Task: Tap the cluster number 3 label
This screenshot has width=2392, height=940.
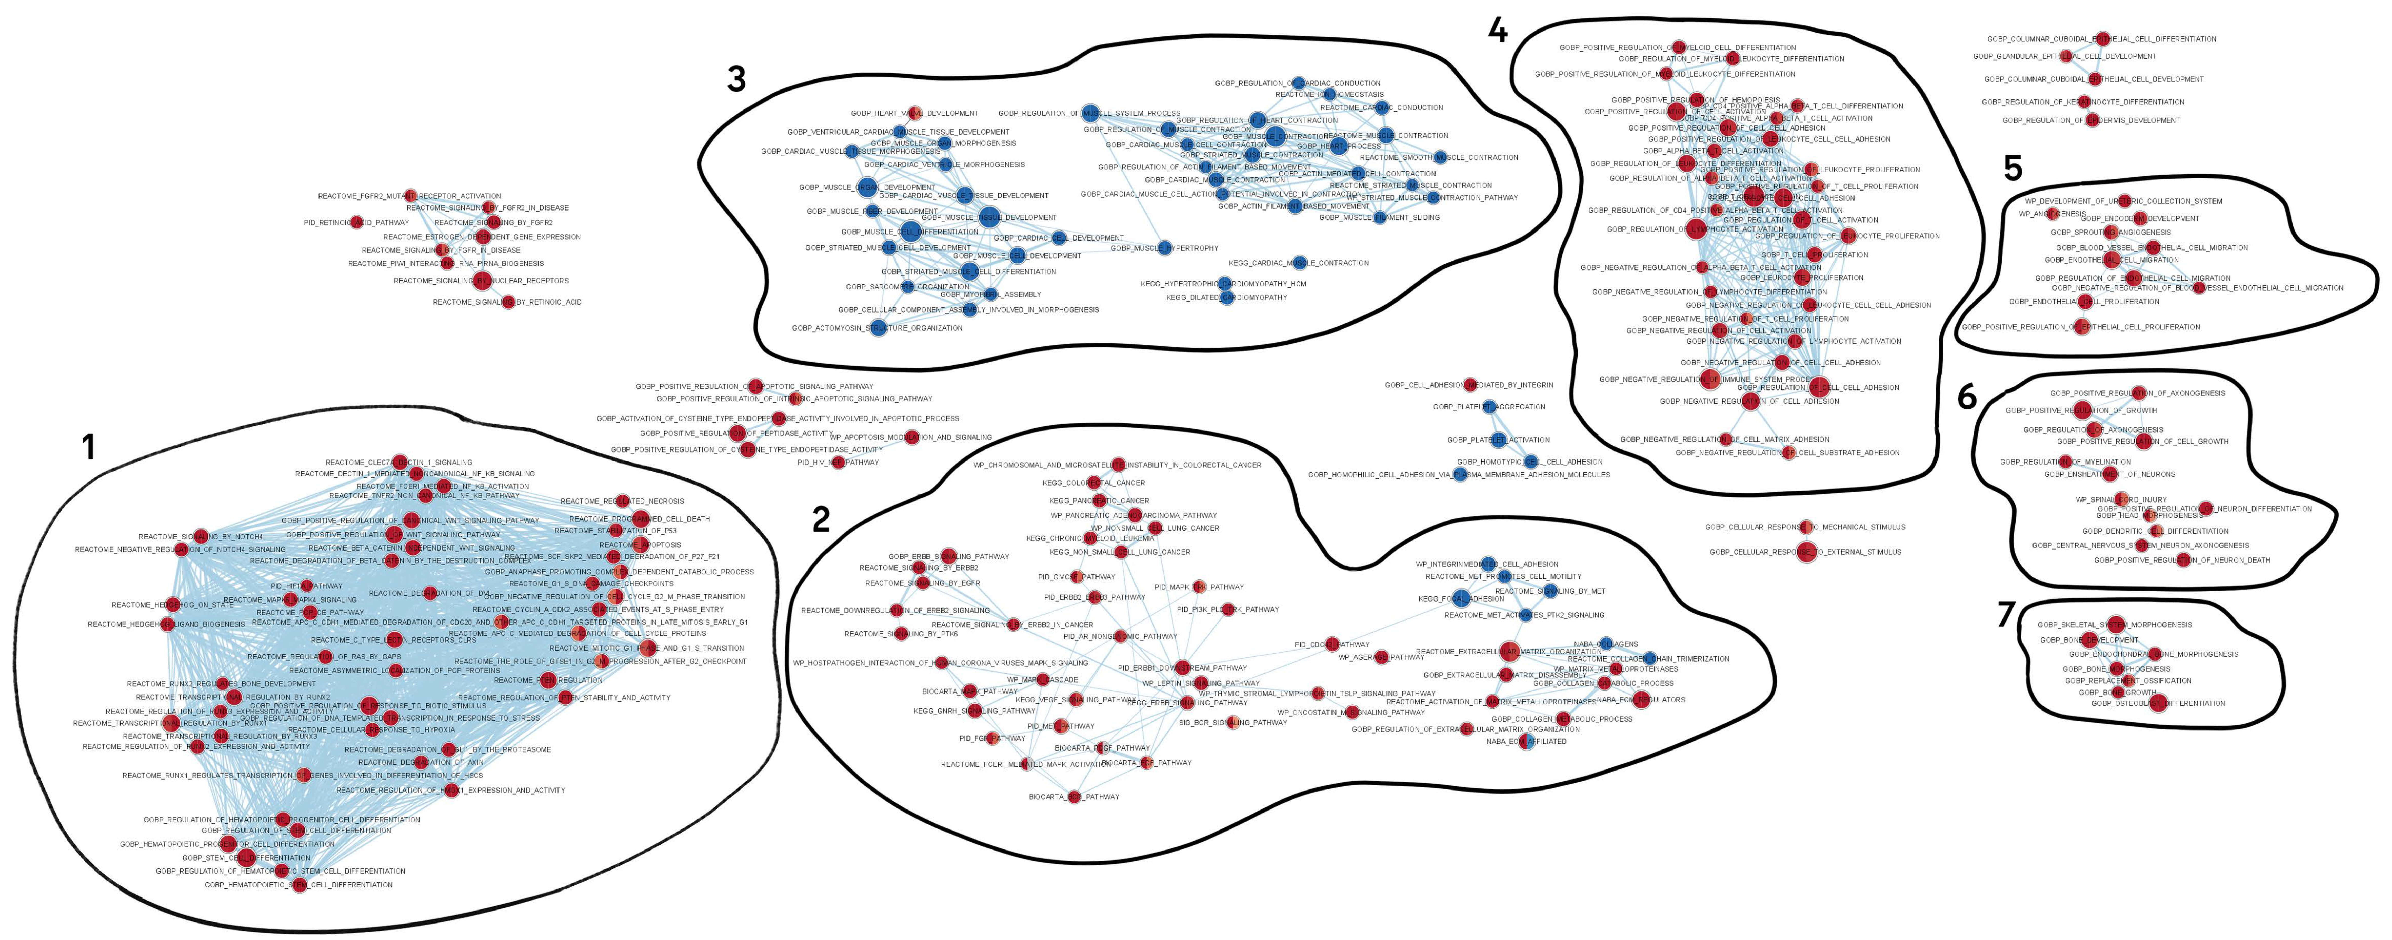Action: point(736,80)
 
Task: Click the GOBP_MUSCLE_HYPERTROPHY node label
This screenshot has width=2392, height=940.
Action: point(1164,248)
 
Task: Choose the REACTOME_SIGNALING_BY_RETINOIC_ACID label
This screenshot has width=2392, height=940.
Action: point(507,302)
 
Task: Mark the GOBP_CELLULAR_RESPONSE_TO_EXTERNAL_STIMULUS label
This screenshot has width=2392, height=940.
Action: point(1805,552)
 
